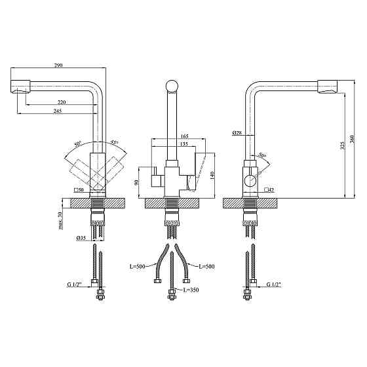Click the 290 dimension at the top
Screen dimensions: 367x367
(x=58, y=65)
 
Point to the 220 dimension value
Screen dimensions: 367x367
(x=62, y=102)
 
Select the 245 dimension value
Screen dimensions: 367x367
(x=58, y=111)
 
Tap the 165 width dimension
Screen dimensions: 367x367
(x=184, y=136)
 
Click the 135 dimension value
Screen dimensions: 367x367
(x=184, y=144)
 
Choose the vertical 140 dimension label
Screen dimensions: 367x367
(x=212, y=176)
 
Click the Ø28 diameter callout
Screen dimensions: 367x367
(x=237, y=133)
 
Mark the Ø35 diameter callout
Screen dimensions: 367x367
(x=81, y=238)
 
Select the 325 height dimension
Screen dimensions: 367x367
(x=342, y=145)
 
